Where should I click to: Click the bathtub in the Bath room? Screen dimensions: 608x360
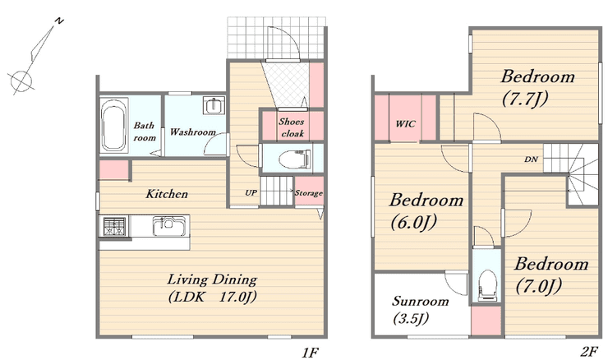114,125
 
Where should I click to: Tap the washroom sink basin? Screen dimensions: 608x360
214,105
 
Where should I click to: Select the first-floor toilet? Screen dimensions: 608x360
295,159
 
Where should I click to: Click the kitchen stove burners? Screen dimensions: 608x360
114,227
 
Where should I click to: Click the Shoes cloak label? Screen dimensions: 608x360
292,127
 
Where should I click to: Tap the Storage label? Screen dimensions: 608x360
309,193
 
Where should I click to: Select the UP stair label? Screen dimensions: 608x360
251,192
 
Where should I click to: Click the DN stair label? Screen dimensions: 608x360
532,159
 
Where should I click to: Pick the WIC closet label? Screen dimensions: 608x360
406,124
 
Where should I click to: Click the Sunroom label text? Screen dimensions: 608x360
421,301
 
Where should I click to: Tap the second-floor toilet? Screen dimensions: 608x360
487,285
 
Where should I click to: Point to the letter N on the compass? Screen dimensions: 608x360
59,21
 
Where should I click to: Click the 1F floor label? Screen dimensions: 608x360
310,353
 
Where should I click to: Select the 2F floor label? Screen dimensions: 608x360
589,352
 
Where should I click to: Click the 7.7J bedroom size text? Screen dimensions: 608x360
525,99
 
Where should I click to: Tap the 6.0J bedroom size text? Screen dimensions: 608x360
414,223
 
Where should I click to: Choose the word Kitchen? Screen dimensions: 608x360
167,194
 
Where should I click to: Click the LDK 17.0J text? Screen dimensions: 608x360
213,298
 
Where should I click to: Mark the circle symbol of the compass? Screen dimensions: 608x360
21,81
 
